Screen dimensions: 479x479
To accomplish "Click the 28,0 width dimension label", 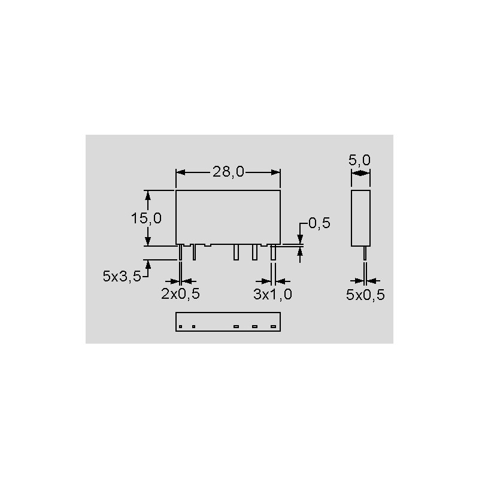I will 228,172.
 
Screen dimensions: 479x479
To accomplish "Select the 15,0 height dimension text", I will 147,218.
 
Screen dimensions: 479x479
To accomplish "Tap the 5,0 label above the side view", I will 360,160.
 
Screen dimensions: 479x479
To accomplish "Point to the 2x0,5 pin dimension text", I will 180,294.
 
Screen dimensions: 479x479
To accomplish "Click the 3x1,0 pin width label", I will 272,294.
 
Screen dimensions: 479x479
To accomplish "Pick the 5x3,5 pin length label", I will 122,276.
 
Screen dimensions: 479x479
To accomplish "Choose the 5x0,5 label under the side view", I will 365,294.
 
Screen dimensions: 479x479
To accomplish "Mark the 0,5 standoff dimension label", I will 319,223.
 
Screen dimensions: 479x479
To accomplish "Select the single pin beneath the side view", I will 365,253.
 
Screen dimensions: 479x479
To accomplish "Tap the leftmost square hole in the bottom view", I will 180,326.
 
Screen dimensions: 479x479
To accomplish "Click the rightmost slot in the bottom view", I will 274,326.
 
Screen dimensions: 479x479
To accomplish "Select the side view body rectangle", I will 360,218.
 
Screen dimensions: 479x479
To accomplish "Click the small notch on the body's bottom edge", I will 207,245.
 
